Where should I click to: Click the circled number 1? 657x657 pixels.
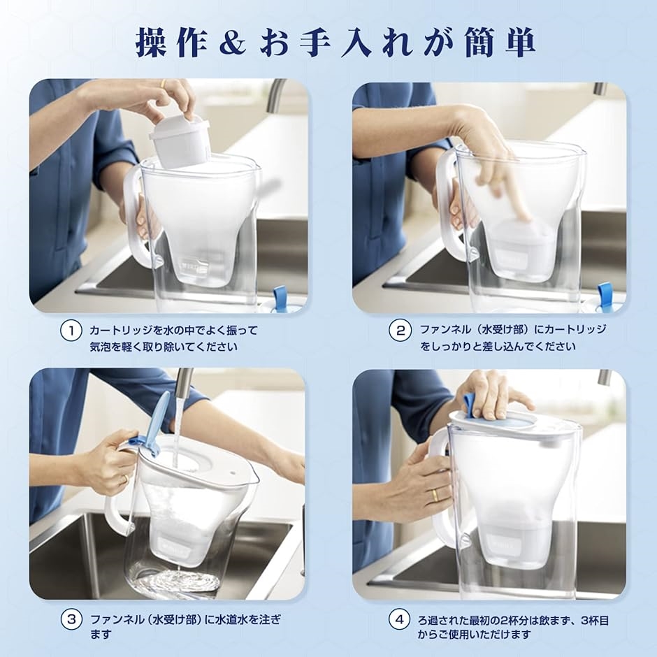[71, 331]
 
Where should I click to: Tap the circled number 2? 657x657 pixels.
[400, 331]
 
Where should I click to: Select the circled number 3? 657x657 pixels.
[71, 619]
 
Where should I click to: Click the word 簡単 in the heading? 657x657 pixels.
[500, 43]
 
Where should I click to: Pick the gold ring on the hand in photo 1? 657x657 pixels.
[163, 84]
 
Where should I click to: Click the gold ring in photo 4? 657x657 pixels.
[436, 495]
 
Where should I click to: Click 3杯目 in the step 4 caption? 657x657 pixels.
[595, 620]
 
